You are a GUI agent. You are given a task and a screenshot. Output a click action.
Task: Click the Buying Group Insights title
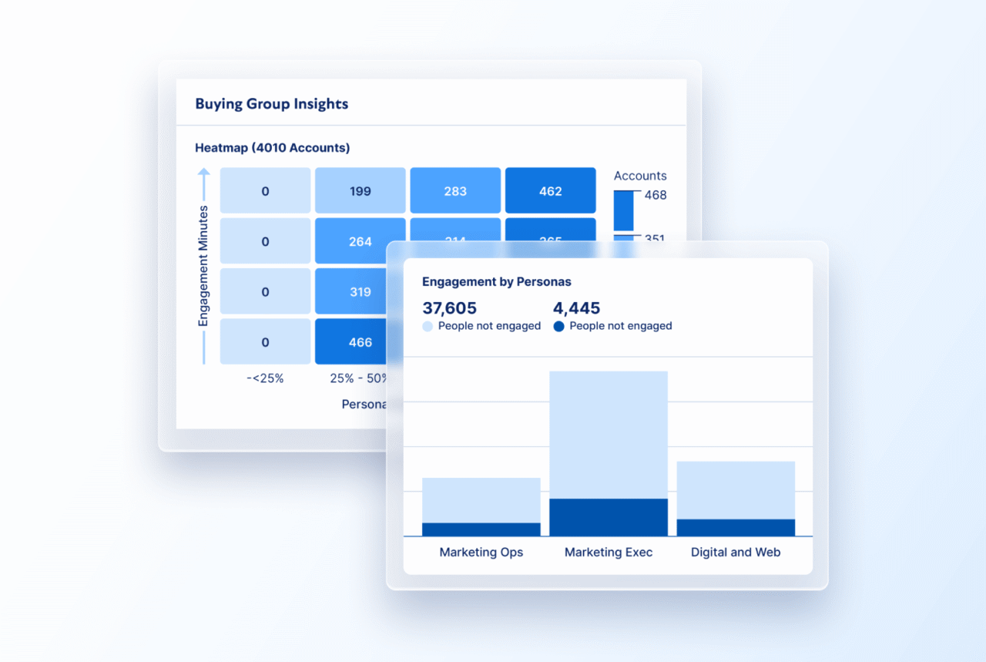point(271,104)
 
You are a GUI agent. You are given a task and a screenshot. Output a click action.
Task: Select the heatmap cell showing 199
point(360,190)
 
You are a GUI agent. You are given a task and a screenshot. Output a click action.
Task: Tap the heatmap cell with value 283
point(455,190)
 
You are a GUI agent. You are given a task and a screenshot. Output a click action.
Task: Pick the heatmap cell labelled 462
point(550,190)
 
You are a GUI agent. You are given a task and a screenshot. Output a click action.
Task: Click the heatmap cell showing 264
point(360,241)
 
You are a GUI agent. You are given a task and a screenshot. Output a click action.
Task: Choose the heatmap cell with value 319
point(360,291)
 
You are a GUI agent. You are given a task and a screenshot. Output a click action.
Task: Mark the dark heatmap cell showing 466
point(360,341)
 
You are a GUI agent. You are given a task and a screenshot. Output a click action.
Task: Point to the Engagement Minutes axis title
point(203,266)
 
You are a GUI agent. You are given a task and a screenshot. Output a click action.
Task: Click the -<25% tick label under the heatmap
point(265,378)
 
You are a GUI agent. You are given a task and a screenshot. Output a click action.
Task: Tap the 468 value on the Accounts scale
point(656,195)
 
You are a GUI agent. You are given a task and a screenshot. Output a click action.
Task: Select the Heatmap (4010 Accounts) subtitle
point(272,147)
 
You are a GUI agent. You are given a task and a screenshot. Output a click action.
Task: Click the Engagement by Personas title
point(497,281)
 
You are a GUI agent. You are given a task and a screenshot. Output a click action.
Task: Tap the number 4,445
point(576,307)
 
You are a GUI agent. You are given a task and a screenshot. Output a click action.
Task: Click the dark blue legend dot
point(558,326)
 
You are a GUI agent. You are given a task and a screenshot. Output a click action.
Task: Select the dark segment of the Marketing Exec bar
point(609,517)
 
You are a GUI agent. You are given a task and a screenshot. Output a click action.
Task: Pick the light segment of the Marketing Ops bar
point(481,500)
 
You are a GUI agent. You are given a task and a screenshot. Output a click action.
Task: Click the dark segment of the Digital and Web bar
point(736,528)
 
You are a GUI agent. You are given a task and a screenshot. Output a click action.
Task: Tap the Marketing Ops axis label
point(481,552)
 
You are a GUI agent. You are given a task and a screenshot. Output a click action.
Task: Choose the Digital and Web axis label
point(736,552)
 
